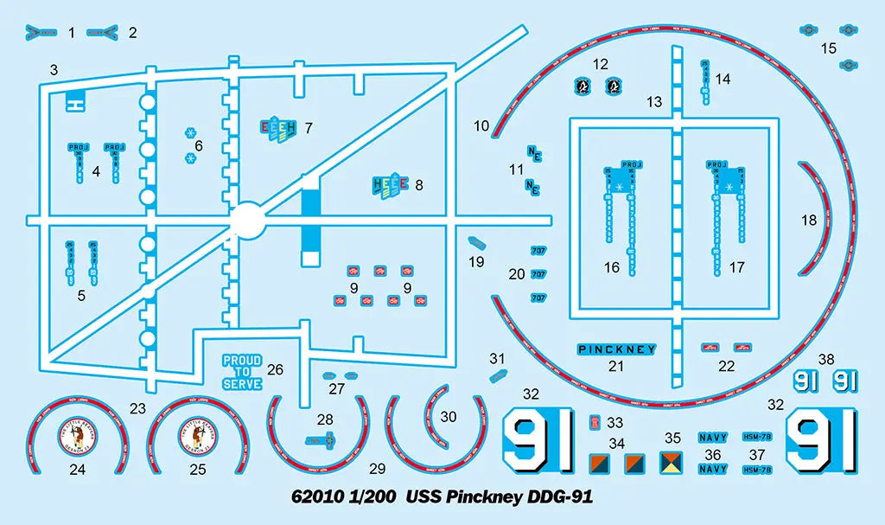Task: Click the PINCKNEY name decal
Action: click(616, 349)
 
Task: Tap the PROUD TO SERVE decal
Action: click(242, 372)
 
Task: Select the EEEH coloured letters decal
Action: click(278, 128)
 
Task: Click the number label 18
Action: click(809, 221)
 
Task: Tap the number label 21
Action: click(616, 366)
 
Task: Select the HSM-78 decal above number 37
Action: click(758, 437)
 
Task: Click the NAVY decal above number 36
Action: click(713, 439)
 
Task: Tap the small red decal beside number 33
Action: click(595, 422)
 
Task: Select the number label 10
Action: click(481, 125)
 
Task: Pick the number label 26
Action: click(275, 369)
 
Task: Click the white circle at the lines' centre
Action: click(248, 220)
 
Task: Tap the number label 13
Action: click(654, 102)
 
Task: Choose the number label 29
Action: click(377, 469)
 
